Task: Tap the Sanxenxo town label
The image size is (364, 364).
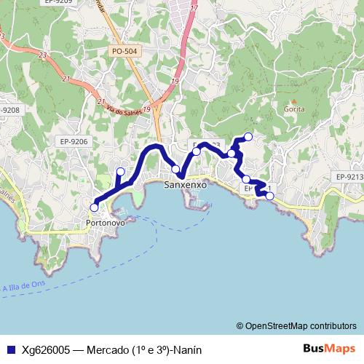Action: click(x=186, y=186)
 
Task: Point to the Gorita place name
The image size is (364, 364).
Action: click(x=295, y=109)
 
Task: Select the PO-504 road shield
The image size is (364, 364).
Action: click(x=125, y=52)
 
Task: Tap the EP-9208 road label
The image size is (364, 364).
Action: click(x=10, y=110)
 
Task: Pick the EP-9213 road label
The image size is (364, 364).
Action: click(x=350, y=176)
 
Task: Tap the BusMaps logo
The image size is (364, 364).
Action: click(x=329, y=348)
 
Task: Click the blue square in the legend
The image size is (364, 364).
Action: click(x=9, y=349)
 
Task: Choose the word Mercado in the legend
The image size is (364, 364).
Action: click(x=107, y=349)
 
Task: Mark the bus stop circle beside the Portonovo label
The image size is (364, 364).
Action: click(x=94, y=207)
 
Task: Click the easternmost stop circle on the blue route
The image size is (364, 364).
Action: click(x=270, y=196)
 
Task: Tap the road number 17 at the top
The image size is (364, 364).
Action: click(x=194, y=9)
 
